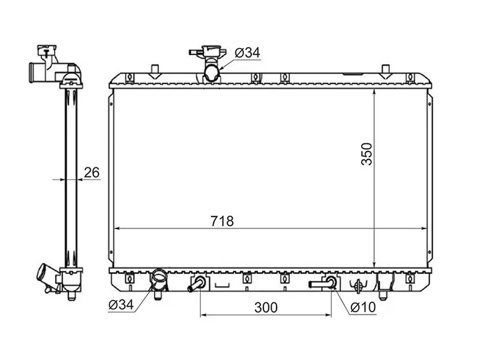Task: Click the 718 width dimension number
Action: tap(222, 221)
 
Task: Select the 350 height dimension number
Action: tap(367, 154)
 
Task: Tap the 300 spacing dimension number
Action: tap(266, 308)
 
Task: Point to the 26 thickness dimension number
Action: tap(92, 173)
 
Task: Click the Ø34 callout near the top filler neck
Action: tap(247, 53)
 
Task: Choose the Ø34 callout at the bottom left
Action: tap(121, 305)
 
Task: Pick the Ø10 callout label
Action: tap(364, 307)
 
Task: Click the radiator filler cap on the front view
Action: tap(208, 52)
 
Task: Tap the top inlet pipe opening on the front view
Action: tap(212, 73)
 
